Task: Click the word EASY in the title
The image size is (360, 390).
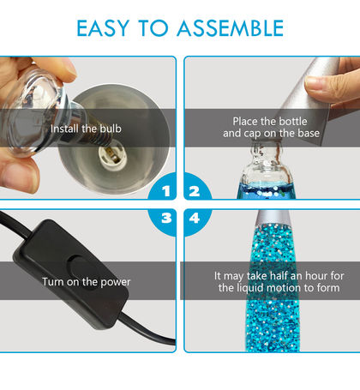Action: [x=103, y=28]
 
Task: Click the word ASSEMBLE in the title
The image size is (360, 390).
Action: [x=231, y=28]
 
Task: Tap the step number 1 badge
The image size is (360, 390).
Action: [x=163, y=187]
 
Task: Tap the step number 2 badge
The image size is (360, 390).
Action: [x=197, y=187]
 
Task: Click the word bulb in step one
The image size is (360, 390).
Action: [x=111, y=129]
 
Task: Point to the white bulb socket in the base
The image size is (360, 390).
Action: [x=113, y=157]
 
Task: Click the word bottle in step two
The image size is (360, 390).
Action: [x=293, y=122]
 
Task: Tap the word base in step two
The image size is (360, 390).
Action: [x=309, y=133]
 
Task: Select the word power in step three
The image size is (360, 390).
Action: [x=116, y=282]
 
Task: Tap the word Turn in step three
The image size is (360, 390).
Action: [x=53, y=282]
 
